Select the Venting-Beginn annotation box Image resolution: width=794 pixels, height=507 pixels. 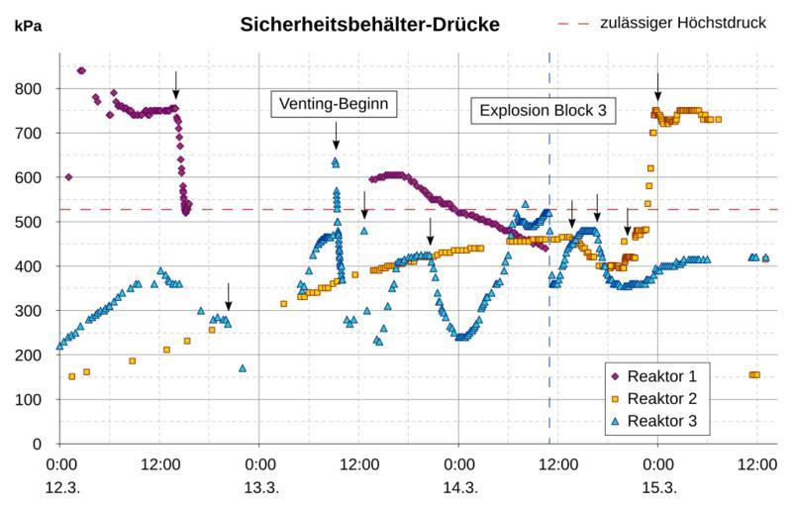335,103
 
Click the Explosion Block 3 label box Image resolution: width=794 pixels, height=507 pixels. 542,110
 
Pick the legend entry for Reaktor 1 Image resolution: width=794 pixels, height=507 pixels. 661,376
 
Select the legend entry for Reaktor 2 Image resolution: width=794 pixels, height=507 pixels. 661,398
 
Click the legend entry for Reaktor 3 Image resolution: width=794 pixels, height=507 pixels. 661,421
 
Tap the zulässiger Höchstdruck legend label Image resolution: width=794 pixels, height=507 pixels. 683,23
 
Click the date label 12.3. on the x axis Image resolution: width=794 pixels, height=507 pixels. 61,487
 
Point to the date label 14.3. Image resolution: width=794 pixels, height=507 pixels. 458,487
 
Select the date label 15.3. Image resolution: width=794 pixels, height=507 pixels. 657,487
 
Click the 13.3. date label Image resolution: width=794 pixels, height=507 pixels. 259,487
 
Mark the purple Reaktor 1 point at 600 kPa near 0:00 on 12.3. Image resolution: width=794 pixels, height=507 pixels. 68,177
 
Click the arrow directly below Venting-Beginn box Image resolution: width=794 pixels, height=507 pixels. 336,136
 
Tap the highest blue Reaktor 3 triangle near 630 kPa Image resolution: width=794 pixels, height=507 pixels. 336,162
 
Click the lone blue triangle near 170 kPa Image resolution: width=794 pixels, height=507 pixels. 243,368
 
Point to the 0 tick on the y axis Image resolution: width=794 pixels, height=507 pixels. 38,445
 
